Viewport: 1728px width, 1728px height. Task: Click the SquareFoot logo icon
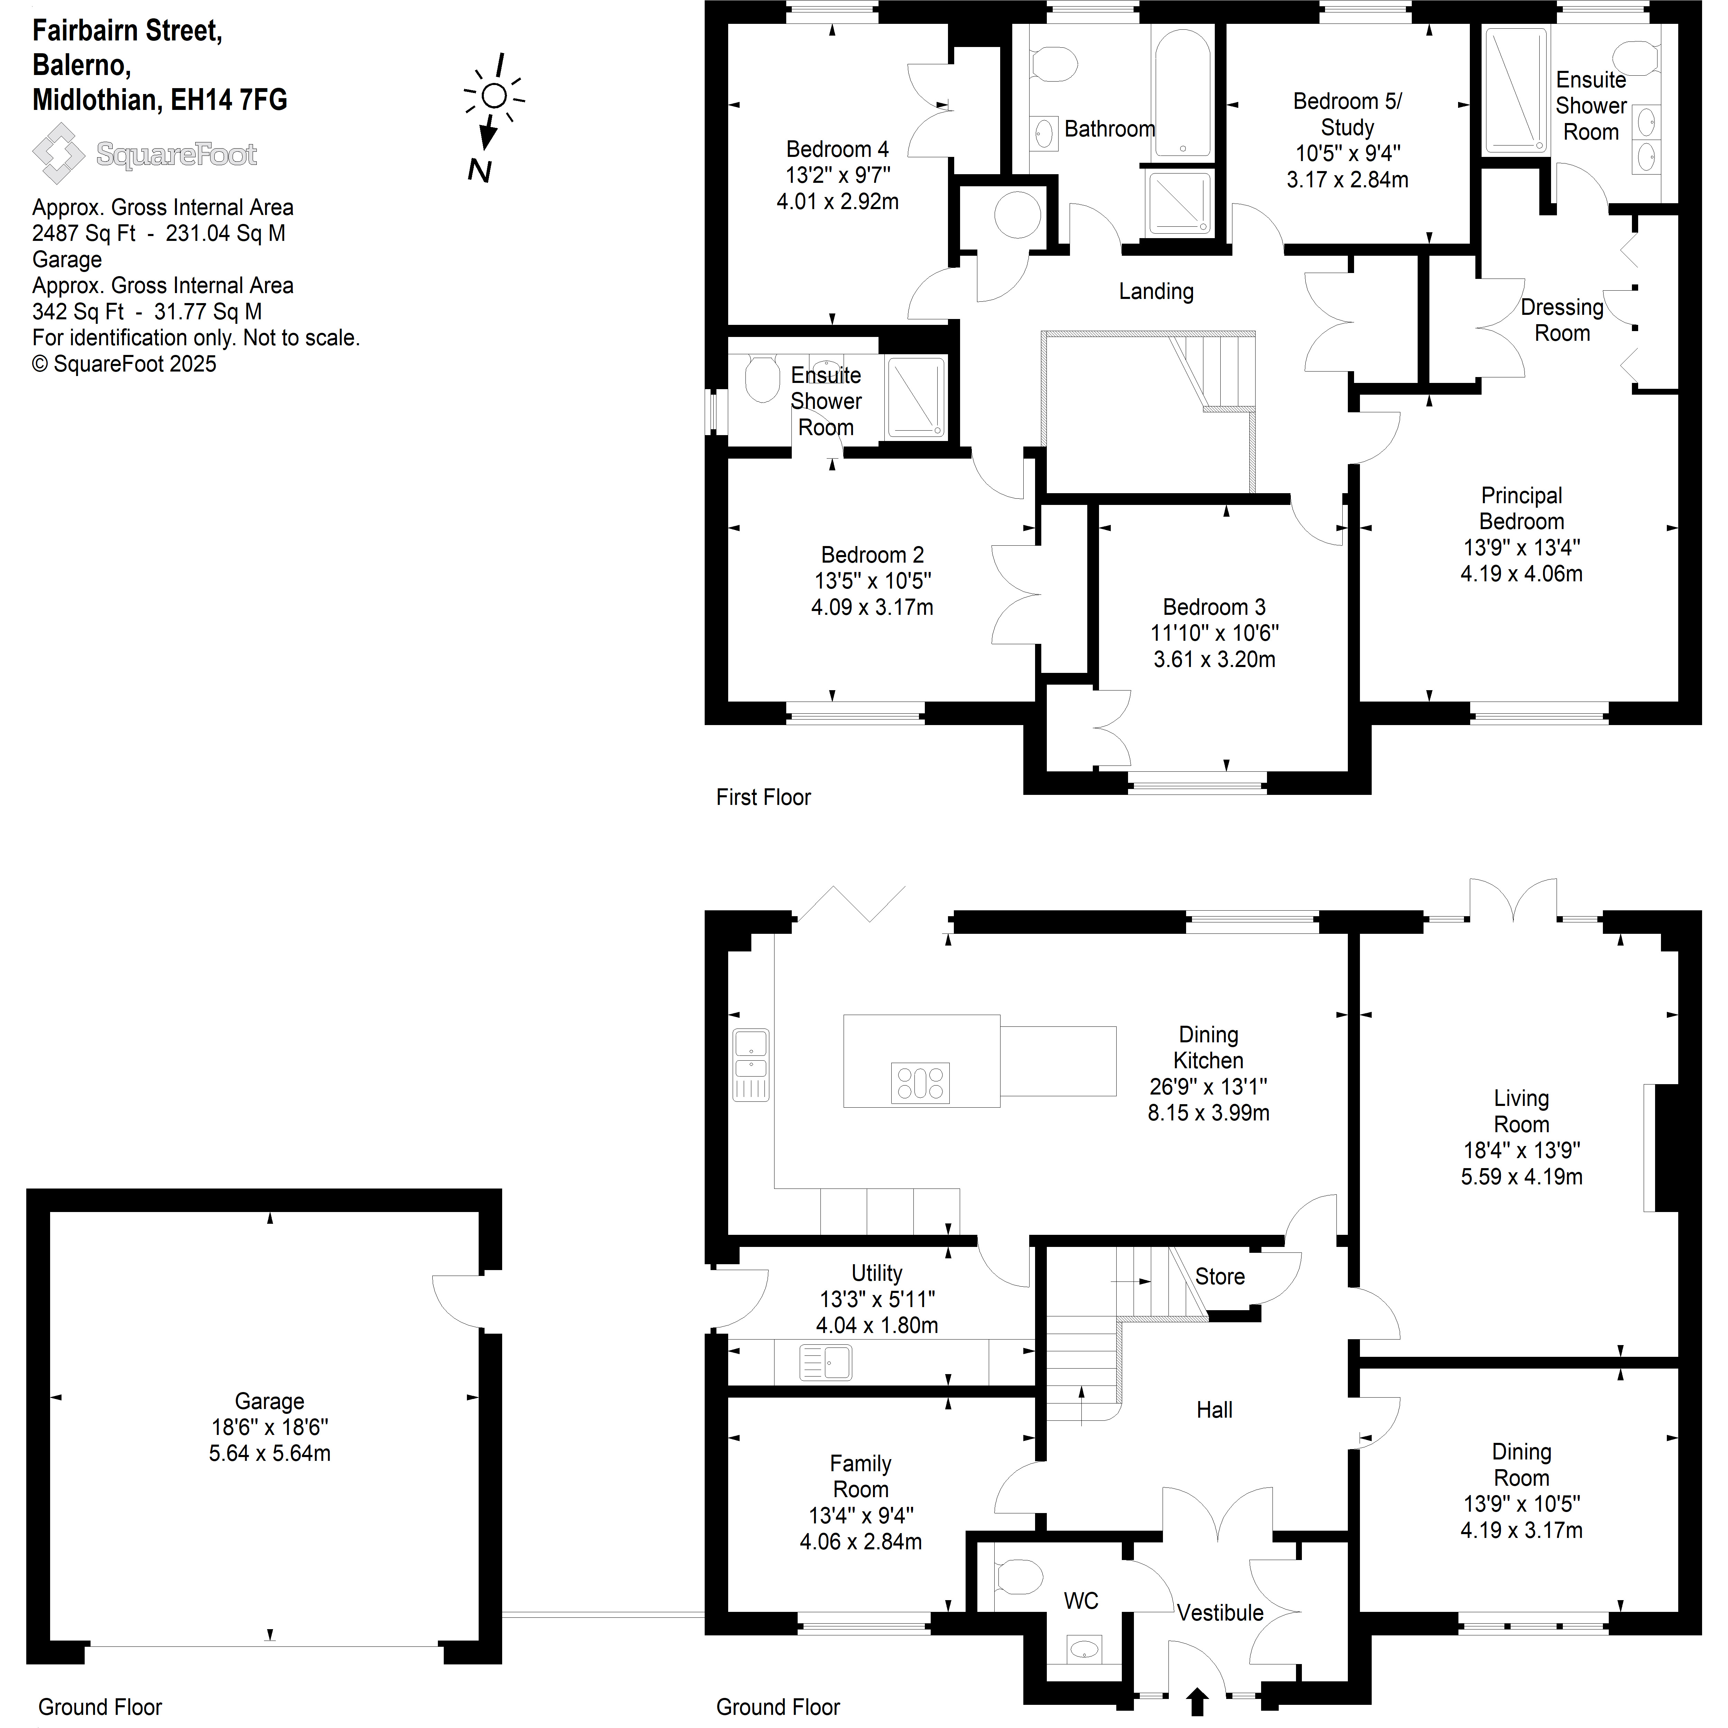59,154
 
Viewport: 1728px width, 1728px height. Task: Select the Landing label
1156,292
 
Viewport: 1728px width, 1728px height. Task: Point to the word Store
1220,1276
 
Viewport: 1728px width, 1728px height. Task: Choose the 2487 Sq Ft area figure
84,233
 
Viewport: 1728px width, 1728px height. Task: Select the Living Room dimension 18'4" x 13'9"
1521,1150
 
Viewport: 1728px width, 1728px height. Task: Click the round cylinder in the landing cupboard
1018,214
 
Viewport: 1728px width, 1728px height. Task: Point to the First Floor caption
763,797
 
